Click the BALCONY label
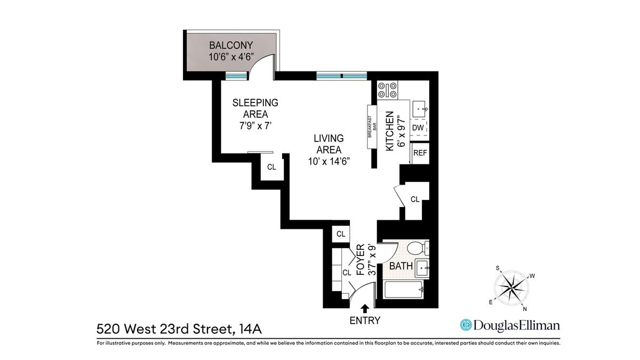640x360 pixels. tap(231, 45)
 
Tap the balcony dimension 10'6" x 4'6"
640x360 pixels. tap(231, 57)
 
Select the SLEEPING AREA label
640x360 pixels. tap(255, 108)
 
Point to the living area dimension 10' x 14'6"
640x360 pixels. tap(329, 162)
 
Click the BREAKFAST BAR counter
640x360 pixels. tap(372, 127)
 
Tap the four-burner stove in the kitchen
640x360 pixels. tap(387, 90)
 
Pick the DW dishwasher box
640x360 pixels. tap(418, 127)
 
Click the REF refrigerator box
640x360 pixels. tap(420, 153)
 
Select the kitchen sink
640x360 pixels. tap(419, 109)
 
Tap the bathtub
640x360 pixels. tap(404, 290)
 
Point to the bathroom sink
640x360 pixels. tap(422, 268)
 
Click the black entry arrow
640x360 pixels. tap(365, 309)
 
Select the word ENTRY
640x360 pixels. tap(365, 321)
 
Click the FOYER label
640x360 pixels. tap(361, 260)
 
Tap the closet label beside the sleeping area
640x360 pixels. tap(271, 167)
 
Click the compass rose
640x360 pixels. tap(511, 288)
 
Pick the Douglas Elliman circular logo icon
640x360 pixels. tap(466, 325)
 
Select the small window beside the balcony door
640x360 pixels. tap(236, 76)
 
